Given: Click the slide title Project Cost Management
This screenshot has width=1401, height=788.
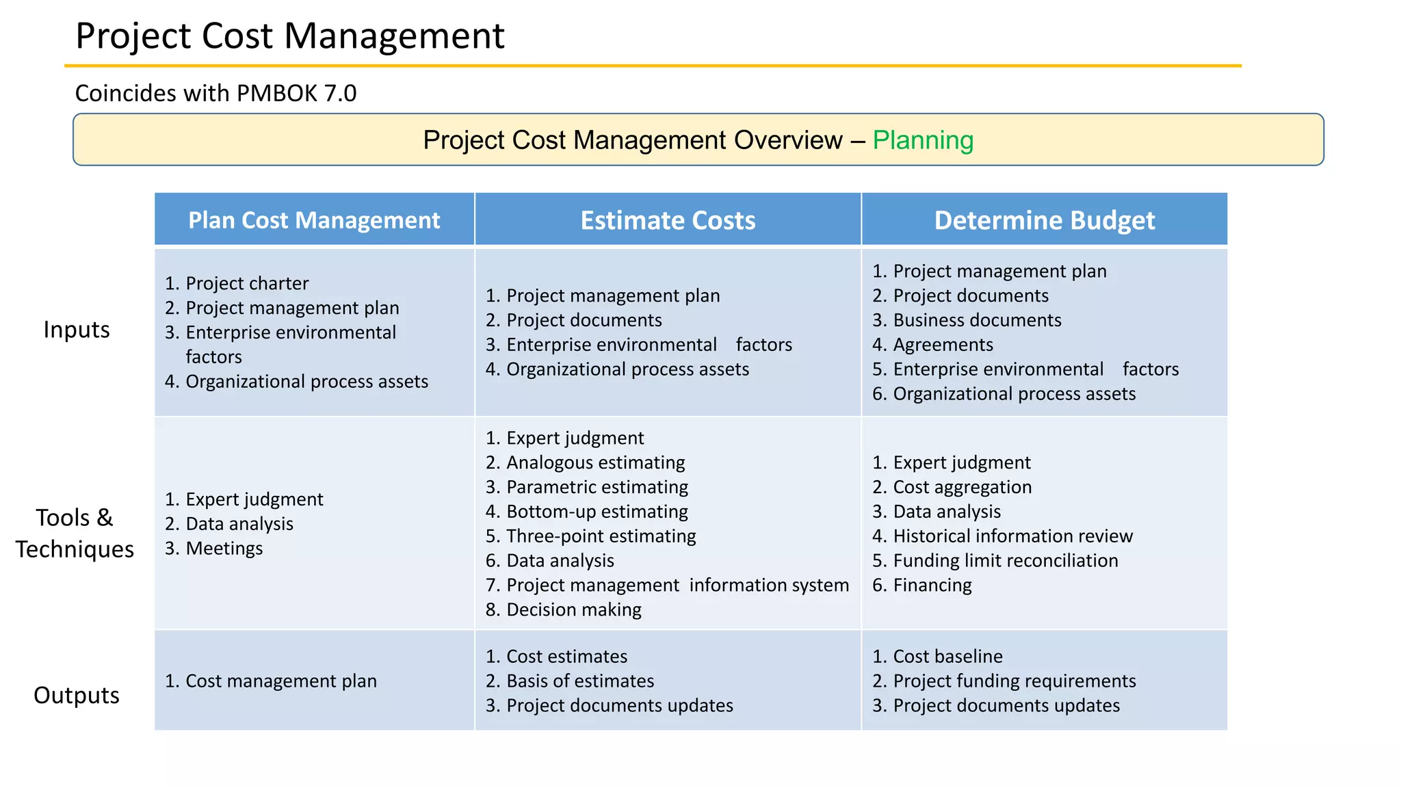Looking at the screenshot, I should [289, 36].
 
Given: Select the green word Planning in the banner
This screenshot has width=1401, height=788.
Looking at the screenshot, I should [922, 140].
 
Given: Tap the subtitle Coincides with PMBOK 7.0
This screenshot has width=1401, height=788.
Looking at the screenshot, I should [215, 93].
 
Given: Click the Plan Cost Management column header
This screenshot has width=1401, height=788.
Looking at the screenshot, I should [314, 220].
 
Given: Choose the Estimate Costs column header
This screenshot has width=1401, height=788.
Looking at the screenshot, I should [668, 220].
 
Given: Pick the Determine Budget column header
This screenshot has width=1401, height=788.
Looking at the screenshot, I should [1044, 220].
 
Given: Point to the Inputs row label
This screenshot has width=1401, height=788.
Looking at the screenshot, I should [77, 330].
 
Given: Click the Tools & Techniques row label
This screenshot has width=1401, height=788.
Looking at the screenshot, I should [75, 534].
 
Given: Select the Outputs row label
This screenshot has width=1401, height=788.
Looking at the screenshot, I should [77, 695].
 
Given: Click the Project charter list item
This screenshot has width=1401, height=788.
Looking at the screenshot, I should [247, 283].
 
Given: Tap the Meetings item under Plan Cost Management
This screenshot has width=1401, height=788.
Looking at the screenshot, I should [224, 549].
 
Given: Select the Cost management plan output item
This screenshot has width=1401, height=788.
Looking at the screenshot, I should [280, 681].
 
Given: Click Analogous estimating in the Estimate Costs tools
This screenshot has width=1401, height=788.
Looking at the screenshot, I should [595, 462].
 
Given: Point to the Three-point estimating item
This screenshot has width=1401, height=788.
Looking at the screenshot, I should [601, 536].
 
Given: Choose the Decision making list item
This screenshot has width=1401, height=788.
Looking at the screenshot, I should [573, 609].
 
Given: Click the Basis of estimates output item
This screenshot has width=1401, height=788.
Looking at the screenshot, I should [580, 681].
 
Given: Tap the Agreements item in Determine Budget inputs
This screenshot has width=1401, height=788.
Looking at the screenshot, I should [943, 345].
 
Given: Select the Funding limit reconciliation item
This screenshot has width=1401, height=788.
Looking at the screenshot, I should [1005, 561].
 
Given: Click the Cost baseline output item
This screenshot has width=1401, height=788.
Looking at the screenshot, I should [947, 657].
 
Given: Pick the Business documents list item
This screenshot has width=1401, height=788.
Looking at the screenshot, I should [977, 320].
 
